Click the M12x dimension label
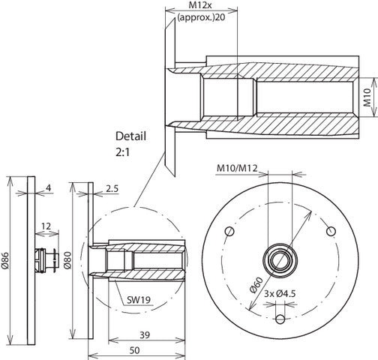point(199,5)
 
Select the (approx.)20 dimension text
point(200,17)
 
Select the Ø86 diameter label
point(7,259)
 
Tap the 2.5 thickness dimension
point(111,187)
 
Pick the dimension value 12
point(46,225)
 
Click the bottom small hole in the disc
point(280,320)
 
